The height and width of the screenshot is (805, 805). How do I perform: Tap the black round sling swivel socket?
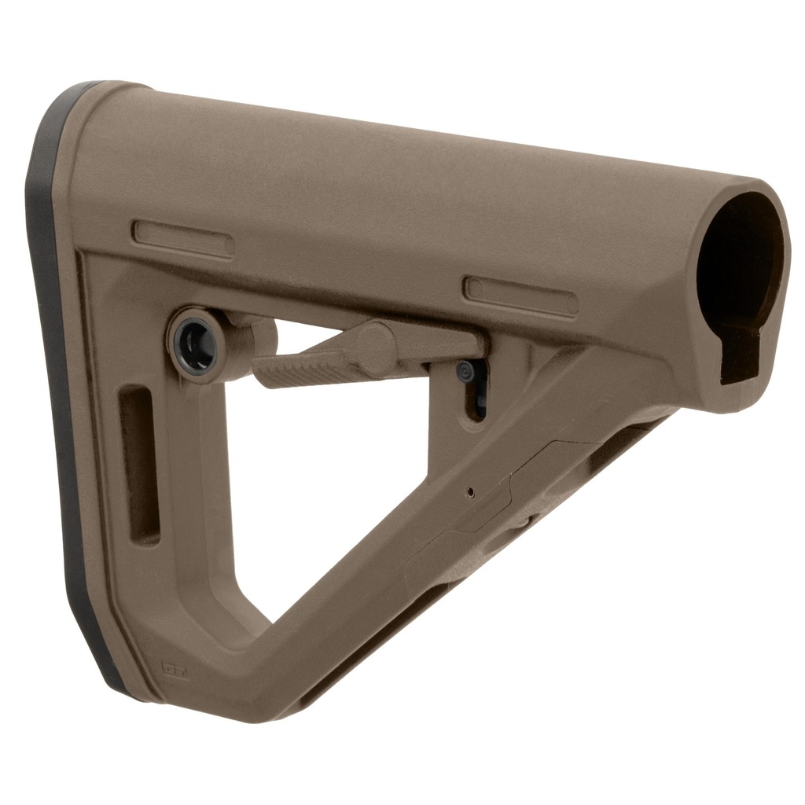pyautogui.click(x=194, y=344)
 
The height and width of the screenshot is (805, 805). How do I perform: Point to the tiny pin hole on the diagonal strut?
pyautogui.click(x=470, y=493)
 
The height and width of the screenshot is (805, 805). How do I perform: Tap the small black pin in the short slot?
pyautogui.click(x=467, y=372)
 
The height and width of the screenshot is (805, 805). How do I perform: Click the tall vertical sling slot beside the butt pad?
pyautogui.click(x=139, y=464)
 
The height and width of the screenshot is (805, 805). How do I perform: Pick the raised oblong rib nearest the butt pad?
pyautogui.click(x=182, y=238)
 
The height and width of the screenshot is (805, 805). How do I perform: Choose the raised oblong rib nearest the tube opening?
pyautogui.click(x=520, y=296)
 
